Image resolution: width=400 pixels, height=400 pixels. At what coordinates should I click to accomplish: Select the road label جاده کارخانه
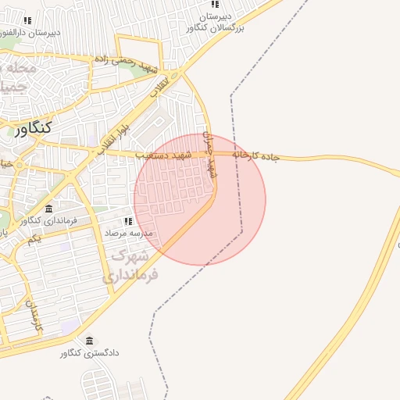point(255,155)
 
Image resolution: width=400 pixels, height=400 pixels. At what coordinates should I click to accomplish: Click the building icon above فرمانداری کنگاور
point(49,209)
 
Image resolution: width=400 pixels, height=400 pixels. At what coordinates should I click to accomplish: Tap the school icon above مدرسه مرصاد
point(127,222)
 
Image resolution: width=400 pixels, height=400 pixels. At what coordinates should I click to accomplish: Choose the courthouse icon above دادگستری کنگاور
point(89,341)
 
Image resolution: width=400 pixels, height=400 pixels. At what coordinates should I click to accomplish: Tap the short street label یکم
point(34,238)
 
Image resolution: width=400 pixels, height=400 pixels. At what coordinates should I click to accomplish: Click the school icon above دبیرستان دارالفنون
point(28,20)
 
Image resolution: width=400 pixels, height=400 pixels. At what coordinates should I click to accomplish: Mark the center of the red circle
point(200,199)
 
